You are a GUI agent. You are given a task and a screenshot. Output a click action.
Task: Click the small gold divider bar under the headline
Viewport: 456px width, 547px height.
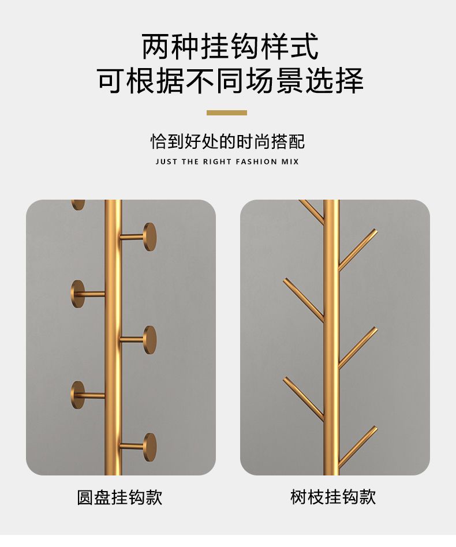(x=227, y=113)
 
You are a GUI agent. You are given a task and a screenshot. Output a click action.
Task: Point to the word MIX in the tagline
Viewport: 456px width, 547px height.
(x=290, y=162)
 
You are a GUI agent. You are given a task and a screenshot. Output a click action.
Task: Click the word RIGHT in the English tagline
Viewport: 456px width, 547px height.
(x=217, y=162)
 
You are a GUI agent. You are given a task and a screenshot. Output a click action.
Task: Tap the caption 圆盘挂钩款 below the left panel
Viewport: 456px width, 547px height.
(x=119, y=497)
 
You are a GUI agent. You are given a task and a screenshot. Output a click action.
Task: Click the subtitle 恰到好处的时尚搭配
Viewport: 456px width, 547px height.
(x=227, y=141)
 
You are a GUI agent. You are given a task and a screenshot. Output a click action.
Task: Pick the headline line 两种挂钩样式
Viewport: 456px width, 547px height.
(x=230, y=46)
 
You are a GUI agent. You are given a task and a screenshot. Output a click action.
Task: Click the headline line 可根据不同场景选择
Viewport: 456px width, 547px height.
(x=230, y=81)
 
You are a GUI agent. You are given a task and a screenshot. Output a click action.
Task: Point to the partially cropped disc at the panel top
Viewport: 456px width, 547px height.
(x=78, y=204)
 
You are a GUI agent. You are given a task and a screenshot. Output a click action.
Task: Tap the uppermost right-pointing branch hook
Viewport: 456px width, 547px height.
(x=357, y=250)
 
